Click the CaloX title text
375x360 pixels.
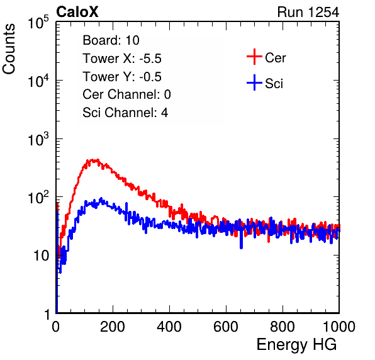pyautogui.click(x=77, y=12)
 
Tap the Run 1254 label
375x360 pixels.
pyautogui.click(x=308, y=12)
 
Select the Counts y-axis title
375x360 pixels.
pyautogui.click(x=9, y=49)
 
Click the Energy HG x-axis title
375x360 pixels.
pyautogui.click(x=296, y=345)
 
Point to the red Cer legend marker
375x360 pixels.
pyautogui.click(x=254, y=57)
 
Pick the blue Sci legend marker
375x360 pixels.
pyautogui.click(x=254, y=83)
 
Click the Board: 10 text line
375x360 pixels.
pyautogui.click(x=111, y=40)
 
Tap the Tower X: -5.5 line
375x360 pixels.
pyautogui.click(x=122, y=59)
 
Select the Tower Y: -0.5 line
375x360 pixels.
pyautogui.click(x=122, y=77)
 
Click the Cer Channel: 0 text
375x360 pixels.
pyautogui.click(x=126, y=94)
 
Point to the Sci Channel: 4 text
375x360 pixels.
pyautogui.click(x=125, y=113)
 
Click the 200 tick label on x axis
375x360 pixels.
pyautogui.click(x=113, y=327)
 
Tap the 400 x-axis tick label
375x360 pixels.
pyautogui.click(x=169, y=327)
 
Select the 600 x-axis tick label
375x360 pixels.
pyautogui.click(x=226, y=327)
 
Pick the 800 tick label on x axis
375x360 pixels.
pyautogui.click(x=283, y=327)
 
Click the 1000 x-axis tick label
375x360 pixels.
pyautogui.click(x=339, y=327)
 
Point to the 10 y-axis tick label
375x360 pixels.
pyautogui.click(x=42, y=256)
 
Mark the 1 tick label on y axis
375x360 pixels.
pyautogui.click(x=47, y=314)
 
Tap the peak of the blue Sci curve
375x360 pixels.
pyautogui.click(x=101, y=198)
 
